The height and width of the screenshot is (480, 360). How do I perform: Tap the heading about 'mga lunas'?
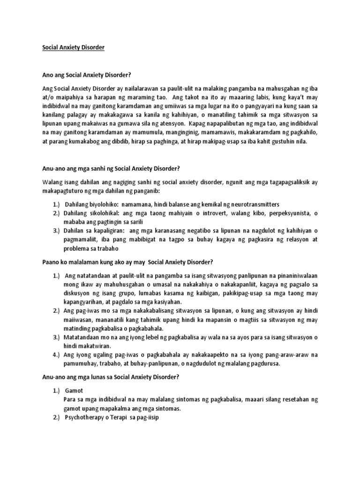tap(110, 377)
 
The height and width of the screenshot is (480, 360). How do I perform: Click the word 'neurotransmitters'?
tap(251, 204)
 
